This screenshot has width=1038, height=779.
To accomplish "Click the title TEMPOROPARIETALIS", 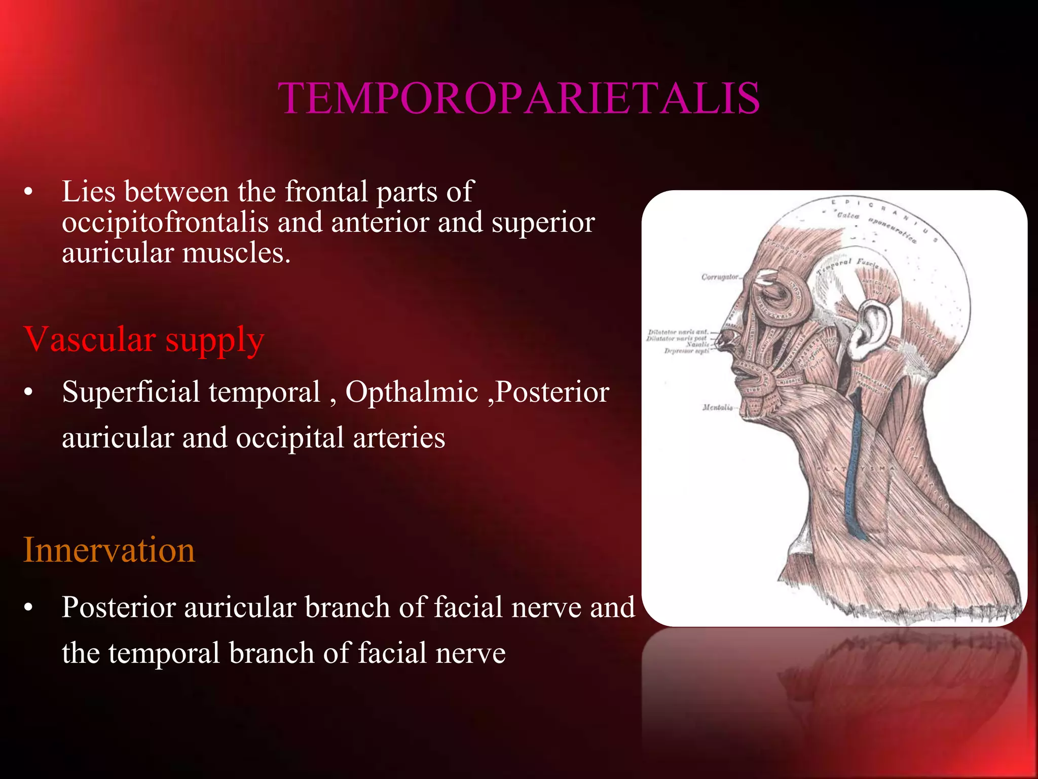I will click(x=519, y=98).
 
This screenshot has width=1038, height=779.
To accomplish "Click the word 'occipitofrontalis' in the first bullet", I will click(x=165, y=222).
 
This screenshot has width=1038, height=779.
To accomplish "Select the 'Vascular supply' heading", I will click(x=144, y=339).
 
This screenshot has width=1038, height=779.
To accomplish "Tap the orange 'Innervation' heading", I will click(x=109, y=550).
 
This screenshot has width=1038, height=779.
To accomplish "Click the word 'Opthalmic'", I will click(x=412, y=392).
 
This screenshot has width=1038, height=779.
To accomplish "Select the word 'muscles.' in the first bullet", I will click(x=236, y=253).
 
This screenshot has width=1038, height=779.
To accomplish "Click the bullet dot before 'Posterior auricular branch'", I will click(x=28, y=608).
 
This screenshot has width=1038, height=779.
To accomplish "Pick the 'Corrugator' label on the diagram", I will click(x=720, y=277).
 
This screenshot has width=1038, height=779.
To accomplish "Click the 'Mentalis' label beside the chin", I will click(x=717, y=407).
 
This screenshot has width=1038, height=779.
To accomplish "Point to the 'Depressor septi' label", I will click(x=686, y=350).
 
